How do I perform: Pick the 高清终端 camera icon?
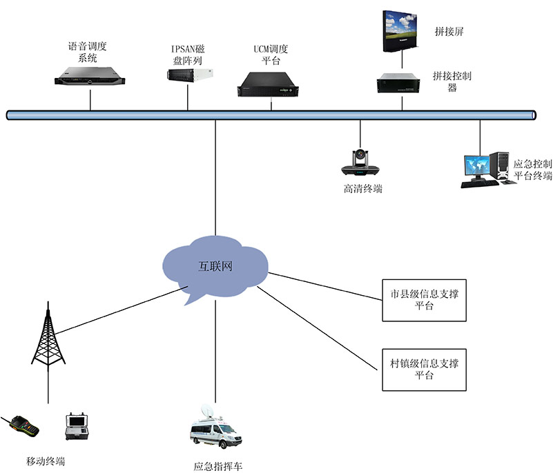click(360, 163)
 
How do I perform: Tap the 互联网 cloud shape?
click(215, 266)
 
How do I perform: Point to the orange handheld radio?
click(21, 429)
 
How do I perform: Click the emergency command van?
click(215, 432)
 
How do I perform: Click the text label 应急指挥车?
click(218, 466)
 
